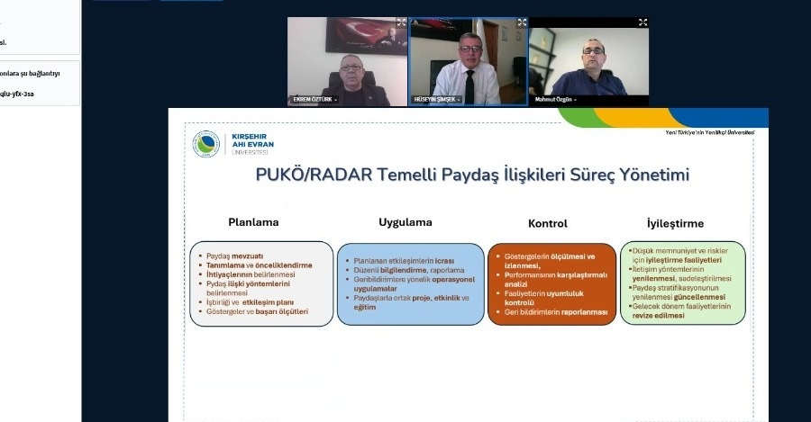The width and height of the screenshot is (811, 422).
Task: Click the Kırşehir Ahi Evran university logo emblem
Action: pyautogui.click(x=206, y=145)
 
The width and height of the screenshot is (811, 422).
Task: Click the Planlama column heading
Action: pyautogui.click(x=253, y=222)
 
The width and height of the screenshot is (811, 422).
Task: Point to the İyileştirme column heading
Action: pyautogui.click(x=675, y=222)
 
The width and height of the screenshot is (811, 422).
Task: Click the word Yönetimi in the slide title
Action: pyautogui.click(x=648, y=175)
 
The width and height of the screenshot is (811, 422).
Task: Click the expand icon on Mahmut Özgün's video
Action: pyautogui.click(x=642, y=22)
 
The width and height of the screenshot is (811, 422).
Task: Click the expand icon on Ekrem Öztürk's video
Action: pyautogui.click(x=401, y=22)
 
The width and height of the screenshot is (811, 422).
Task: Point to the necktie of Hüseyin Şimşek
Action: pyautogui.click(x=469, y=85)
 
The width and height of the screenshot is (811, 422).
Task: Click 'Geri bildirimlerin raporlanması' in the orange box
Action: pyautogui.click(x=556, y=312)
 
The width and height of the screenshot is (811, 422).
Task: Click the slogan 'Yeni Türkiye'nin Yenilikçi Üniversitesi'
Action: pyautogui.click(x=709, y=132)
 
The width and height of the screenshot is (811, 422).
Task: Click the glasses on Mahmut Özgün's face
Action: pyautogui.click(x=593, y=50)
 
